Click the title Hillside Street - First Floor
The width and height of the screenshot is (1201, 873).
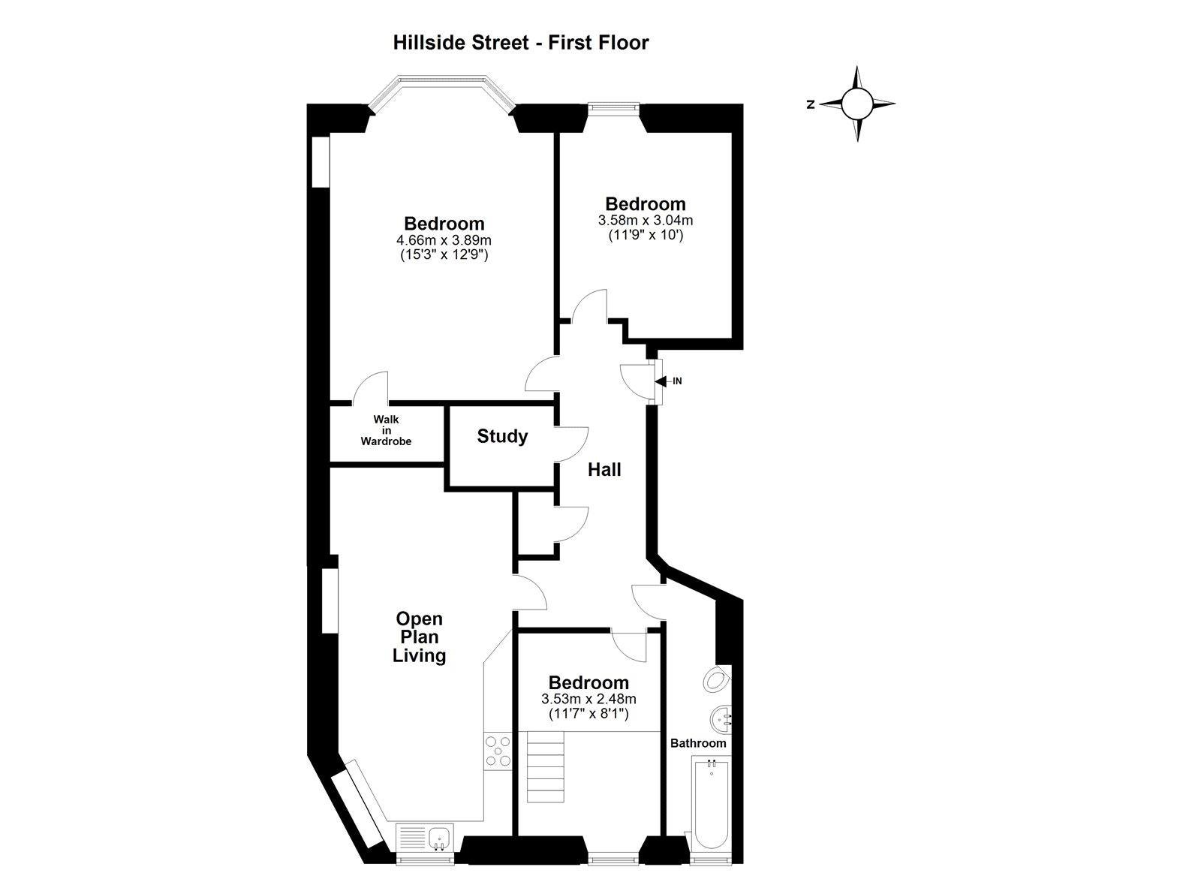pos(521,43)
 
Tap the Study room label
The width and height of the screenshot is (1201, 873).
pos(502,437)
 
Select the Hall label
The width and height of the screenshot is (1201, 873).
pos(604,470)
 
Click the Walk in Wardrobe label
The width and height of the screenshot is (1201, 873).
pos(386,430)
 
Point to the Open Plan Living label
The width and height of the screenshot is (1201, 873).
pos(420,637)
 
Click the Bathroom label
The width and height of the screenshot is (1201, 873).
pos(698,743)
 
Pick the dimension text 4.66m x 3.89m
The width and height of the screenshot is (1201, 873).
pos(444,239)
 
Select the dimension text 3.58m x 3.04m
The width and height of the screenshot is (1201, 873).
pos(646,221)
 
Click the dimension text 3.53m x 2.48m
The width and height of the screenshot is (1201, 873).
pos(588,700)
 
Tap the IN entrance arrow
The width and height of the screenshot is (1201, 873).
pos(661,381)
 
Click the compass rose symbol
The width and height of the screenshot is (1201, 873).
pos(856,104)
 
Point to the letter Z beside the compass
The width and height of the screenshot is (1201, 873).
pos(811,105)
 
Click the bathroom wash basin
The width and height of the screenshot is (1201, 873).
pos(721,718)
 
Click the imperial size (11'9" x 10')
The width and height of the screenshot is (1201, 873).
pos(646,236)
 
